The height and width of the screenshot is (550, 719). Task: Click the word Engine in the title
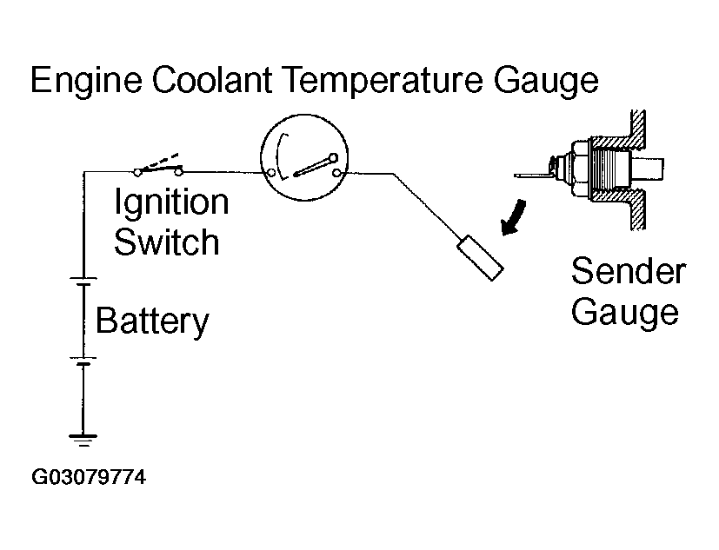tap(86, 81)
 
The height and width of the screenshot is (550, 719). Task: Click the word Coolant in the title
tap(212, 79)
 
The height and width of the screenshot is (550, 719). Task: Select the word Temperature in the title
tap(383, 81)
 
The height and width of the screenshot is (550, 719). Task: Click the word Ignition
tap(171, 202)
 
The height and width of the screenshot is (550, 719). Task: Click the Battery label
tap(152, 321)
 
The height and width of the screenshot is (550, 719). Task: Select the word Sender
tap(629, 271)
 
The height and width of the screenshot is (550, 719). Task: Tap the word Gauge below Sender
tap(624, 314)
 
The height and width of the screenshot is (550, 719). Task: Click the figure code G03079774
tap(89, 477)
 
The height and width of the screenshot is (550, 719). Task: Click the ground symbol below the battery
tap(83, 440)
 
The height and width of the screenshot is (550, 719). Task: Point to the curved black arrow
tap(514, 218)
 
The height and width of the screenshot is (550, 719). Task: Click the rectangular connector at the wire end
tap(480, 257)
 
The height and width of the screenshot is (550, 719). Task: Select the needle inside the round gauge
tap(316, 166)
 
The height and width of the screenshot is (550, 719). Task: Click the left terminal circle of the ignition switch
tap(137, 173)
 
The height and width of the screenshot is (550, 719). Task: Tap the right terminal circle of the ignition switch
tap(178, 172)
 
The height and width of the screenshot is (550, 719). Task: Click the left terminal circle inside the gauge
tap(271, 173)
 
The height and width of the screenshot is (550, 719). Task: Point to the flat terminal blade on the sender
tap(533, 176)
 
